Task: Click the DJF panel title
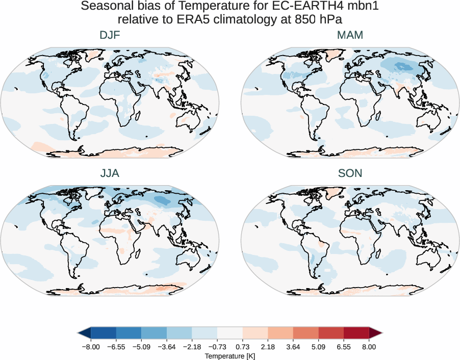coord(110,36)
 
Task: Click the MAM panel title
coord(350,36)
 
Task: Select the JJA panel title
coord(110,173)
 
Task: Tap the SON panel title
coord(350,173)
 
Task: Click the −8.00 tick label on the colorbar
coord(91,346)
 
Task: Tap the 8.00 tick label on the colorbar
coord(369,346)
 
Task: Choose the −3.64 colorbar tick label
coord(166,346)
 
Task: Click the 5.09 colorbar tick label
coord(318,346)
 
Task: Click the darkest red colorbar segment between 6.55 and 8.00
coord(356,333)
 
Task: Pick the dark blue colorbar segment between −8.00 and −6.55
coord(103,333)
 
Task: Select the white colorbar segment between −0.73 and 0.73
coord(229,333)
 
